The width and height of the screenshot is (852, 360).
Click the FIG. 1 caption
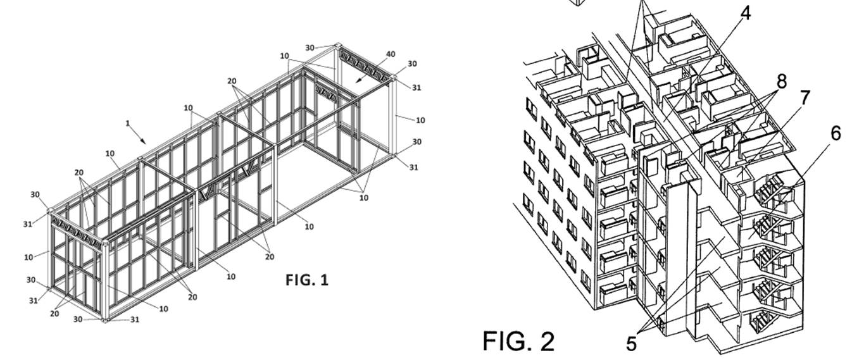tap(307, 279)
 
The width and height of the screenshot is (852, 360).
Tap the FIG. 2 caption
tap(518, 341)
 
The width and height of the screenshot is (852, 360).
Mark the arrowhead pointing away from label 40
tap(357, 82)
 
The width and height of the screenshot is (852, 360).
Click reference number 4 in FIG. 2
tap(746, 13)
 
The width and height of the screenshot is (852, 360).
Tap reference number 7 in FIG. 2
tap(805, 98)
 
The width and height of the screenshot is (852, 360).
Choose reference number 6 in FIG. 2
tap(836, 133)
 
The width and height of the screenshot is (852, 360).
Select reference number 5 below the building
tap(631, 344)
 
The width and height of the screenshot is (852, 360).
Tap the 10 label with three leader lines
tap(363, 197)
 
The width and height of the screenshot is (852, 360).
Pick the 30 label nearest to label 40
tap(412, 64)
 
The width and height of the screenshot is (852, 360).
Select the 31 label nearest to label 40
tap(416, 87)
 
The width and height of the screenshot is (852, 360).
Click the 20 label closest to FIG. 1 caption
tap(270, 257)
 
